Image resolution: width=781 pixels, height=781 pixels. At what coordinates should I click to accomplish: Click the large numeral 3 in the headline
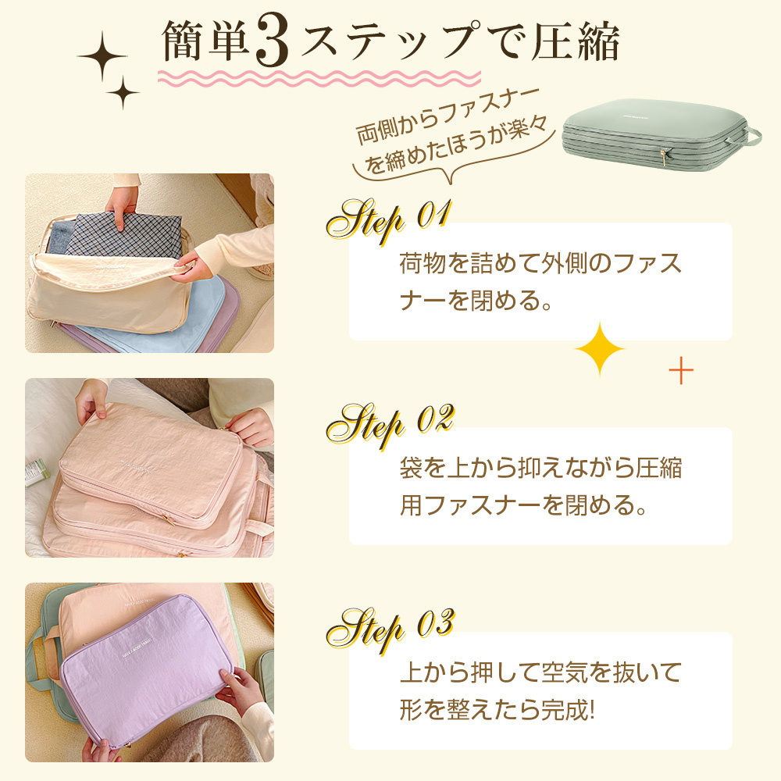point(273,46)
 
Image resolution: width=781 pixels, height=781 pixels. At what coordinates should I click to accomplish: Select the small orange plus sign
point(681,372)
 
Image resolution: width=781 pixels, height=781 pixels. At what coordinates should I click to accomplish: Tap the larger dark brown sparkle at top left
point(102,57)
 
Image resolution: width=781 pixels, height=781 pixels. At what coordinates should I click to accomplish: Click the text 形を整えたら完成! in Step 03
point(497,710)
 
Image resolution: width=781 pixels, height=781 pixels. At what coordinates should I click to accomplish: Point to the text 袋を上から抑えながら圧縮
point(540,469)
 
